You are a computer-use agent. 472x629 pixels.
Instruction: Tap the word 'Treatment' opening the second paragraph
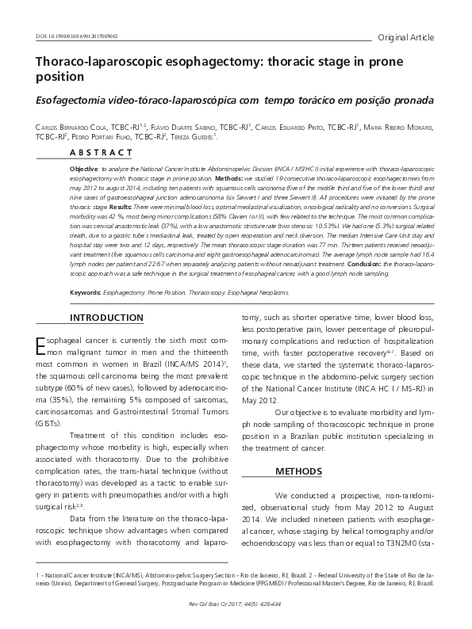pyautogui.click(x=92, y=436)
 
